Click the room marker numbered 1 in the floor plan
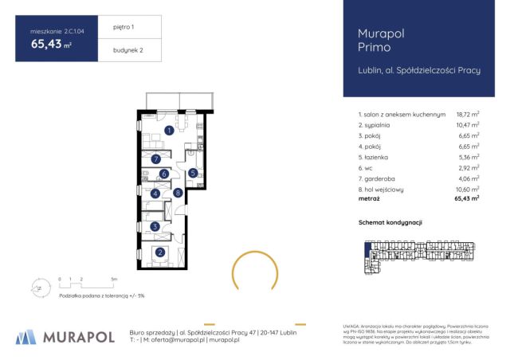(x=169, y=131)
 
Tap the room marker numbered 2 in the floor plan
(x=160, y=253)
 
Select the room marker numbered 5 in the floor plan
(x=193, y=173)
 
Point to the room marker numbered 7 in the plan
(x=156, y=159)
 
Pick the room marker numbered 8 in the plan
(x=178, y=192)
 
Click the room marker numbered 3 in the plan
(x=156, y=227)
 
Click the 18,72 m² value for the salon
(x=467, y=115)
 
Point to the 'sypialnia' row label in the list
(x=380, y=125)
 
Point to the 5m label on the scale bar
(x=115, y=280)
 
